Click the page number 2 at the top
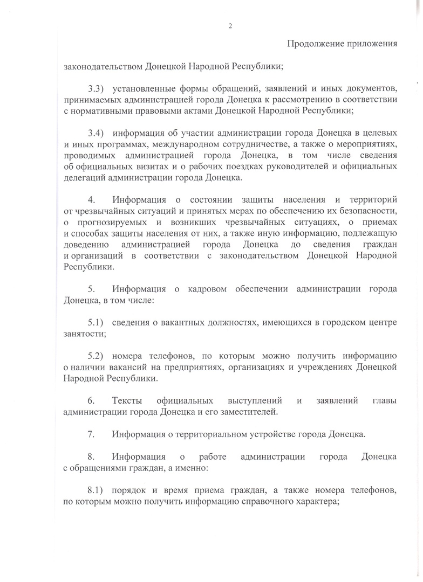[x=230, y=25]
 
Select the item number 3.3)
[x=99, y=88]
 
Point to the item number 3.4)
[x=99, y=132]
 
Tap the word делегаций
[x=85, y=178]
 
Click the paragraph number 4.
[x=92, y=199]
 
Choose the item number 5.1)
[x=99, y=322]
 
